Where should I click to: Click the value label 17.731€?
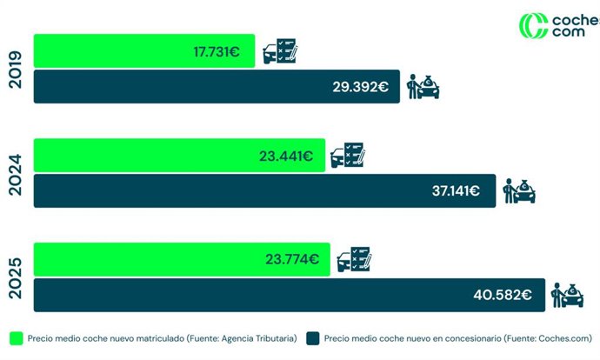[x=217, y=51]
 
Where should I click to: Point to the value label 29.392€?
[x=359, y=87]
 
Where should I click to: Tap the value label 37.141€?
[x=456, y=191]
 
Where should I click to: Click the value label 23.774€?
[x=292, y=259]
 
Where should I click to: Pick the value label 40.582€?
[x=503, y=295]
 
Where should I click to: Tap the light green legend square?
[x=17, y=337]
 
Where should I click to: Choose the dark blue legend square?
[x=312, y=337]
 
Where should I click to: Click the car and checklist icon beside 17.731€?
[x=279, y=52]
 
